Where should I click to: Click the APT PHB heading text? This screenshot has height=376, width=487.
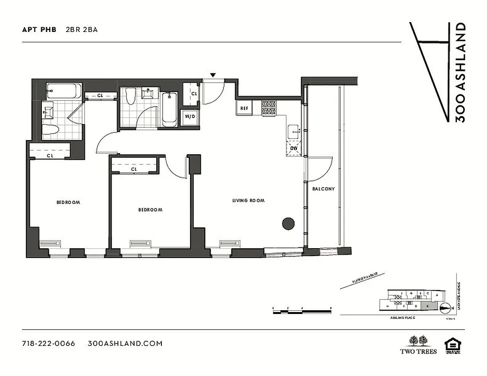(39, 29)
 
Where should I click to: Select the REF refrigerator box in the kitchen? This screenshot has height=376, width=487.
(244, 108)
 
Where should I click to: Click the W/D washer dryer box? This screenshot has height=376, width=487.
(190, 117)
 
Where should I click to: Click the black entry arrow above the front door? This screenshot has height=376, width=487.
(213, 75)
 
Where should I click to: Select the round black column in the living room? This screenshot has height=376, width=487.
(288, 224)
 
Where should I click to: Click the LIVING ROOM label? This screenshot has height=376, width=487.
(248, 201)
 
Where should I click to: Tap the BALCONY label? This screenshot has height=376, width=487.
(324, 189)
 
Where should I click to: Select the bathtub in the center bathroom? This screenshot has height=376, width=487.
(170, 109)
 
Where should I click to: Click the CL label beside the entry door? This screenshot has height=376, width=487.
(194, 94)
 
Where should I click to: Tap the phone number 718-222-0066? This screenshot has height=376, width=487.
(48, 343)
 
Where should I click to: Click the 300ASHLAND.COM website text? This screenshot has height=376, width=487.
(125, 343)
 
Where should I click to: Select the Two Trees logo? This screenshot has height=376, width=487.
(418, 345)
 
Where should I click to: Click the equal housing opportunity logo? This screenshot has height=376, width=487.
(453, 345)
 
